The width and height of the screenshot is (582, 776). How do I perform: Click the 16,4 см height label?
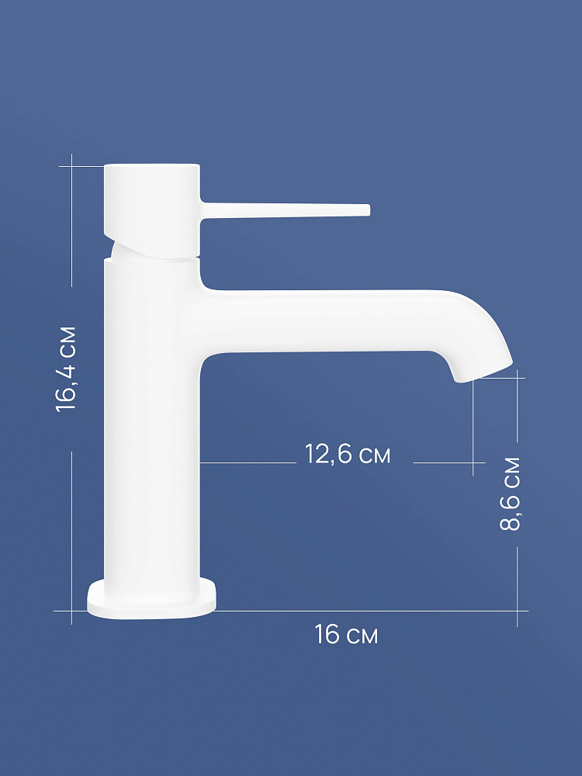click(x=66, y=369)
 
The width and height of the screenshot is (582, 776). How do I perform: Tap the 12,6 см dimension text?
click(x=348, y=454)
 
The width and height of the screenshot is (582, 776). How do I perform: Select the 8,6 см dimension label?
click(x=511, y=494)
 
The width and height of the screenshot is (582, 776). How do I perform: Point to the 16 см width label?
click(x=346, y=634)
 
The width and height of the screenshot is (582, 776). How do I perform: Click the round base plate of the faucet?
click(x=152, y=599)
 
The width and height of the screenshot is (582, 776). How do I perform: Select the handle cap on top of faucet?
click(x=152, y=210)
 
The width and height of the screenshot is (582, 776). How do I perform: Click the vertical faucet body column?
click(x=151, y=421)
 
